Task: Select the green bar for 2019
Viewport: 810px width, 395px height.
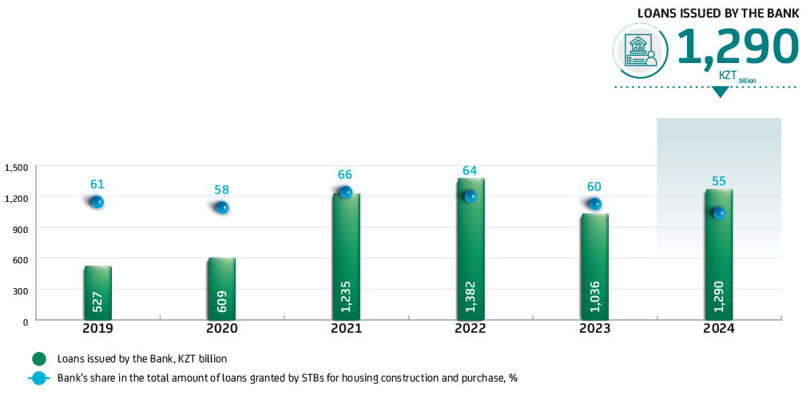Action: [x=97, y=292]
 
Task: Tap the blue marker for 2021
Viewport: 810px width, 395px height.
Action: [x=346, y=192]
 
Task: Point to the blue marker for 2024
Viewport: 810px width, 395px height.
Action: [x=719, y=213]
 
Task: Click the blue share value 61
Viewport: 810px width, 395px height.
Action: [x=97, y=184]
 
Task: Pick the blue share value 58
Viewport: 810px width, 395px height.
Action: [x=221, y=190]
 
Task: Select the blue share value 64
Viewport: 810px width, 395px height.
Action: [x=471, y=171]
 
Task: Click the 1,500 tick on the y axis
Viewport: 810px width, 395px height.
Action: [x=16, y=168]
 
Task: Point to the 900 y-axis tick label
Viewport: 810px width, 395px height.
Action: [x=20, y=229]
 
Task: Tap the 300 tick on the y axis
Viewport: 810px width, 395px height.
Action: [x=20, y=290]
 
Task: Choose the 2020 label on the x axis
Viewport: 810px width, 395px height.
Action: [x=221, y=329]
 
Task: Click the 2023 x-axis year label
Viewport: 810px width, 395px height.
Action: [x=595, y=329]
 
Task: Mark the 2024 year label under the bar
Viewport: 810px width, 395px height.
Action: [x=719, y=329]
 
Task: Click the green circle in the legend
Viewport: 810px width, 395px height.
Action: [x=38, y=358]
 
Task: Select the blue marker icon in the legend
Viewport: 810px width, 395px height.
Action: [x=38, y=377]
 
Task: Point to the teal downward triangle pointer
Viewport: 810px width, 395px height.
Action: [x=721, y=92]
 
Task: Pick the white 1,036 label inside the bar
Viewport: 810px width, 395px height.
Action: [x=595, y=296]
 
